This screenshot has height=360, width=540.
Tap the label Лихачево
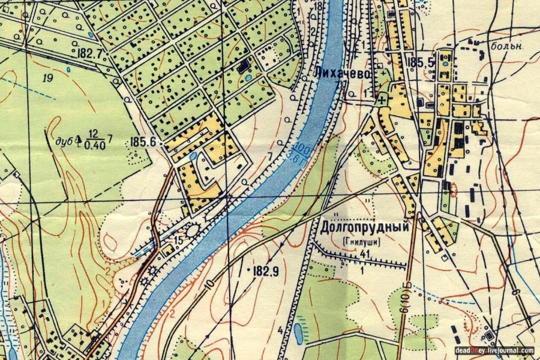(x=340, y=72)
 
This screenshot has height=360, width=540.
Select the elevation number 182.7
(x=90, y=53)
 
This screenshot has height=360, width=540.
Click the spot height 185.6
(x=142, y=142)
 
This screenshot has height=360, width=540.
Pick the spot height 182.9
(x=266, y=271)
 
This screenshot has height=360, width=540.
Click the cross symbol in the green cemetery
(x=382, y=100)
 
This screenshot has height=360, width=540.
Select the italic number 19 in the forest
(x=47, y=78)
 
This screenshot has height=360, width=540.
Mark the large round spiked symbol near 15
(x=193, y=230)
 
